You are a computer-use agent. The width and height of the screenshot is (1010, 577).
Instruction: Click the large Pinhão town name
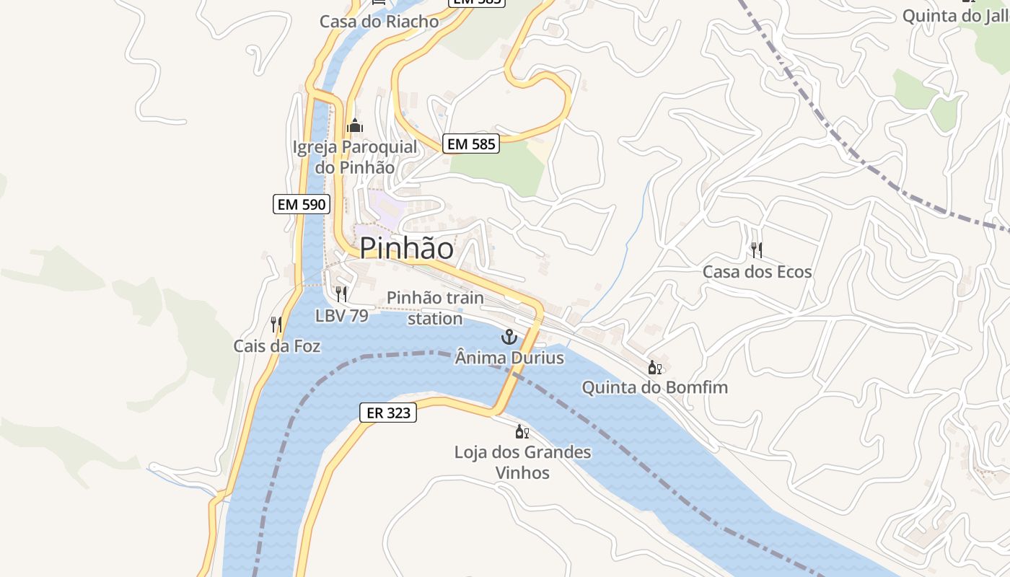click(x=407, y=248)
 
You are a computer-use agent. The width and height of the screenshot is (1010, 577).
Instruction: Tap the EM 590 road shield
click(x=302, y=204)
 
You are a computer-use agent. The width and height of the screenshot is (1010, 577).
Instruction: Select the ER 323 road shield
click(x=388, y=413)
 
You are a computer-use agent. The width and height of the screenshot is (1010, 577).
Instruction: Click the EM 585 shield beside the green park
click(x=471, y=144)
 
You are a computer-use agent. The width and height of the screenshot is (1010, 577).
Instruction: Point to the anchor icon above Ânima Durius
click(x=509, y=337)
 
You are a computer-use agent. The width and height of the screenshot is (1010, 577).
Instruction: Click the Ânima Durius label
click(x=509, y=358)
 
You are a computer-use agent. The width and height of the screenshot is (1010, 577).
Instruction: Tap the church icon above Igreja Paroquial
click(x=354, y=126)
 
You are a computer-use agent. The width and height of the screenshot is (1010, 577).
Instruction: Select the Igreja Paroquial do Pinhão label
click(x=355, y=157)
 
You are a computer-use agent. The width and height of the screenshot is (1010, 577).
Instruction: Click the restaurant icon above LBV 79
click(x=341, y=294)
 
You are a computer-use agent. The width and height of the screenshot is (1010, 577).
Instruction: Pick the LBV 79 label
click(x=341, y=316)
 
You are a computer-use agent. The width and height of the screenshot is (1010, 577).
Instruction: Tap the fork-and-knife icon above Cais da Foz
click(x=276, y=325)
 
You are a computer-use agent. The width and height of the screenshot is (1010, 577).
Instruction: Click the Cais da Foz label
click(x=276, y=346)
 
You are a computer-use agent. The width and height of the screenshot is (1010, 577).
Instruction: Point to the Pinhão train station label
click(x=435, y=308)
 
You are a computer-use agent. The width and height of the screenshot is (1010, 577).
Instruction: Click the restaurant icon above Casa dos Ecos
click(x=757, y=250)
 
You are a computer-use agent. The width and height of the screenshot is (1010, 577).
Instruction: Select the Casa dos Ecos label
click(x=757, y=272)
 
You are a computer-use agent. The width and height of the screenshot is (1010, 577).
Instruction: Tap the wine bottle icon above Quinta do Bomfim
click(x=654, y=368)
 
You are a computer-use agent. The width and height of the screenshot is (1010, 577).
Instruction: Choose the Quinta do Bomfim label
click(x=654, y=387)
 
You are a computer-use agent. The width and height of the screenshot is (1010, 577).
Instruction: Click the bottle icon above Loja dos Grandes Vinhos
click(x=522, y=432)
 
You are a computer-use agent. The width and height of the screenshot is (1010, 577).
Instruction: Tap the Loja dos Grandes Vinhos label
click(x=522, y=462)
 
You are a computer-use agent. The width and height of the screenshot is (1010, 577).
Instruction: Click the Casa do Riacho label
click(x=379, y=22)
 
